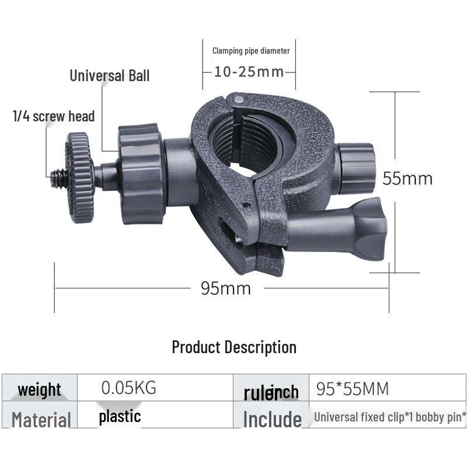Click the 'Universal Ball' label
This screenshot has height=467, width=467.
pyautogui.click(x=110, y=75)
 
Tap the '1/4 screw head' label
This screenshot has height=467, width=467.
pyautogui.click(x=54, y=116)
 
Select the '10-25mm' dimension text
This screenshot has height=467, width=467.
pyautogui.click(x=249, y=72)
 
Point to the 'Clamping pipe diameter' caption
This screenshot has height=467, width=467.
pyautogui.click(x=251, y=51)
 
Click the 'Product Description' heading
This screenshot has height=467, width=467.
pyautogui.click(x=233, y=347)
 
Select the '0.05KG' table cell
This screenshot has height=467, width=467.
pyautogui.click(x=129, y=388)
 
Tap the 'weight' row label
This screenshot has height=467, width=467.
pyautogui.click(x=39, y=389)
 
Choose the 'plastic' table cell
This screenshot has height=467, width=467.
pyautogui.click(x=120, y=416)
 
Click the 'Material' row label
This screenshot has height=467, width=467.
pyautogui.click(x=41, y=419)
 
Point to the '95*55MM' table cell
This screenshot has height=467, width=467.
pyautogui.click(x=352, y=388)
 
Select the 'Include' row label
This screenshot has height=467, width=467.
pyautogui.click(x=272, y=419)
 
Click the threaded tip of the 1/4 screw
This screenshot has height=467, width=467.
pyautogui.click(x=59, y=178)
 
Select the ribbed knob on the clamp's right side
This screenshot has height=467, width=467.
pyautogui.click(x=356, y=169)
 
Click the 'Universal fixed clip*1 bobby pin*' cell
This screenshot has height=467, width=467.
pyautogui.click(x=390, y=417)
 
